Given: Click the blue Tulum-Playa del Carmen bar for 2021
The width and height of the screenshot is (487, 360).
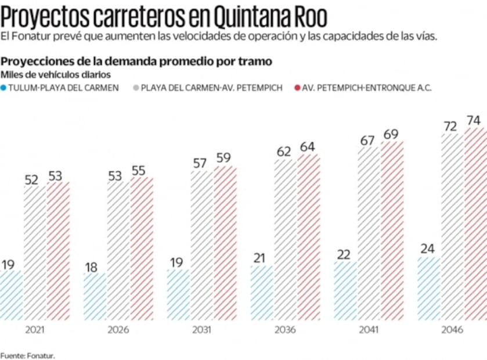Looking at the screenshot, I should [x=11, y=295].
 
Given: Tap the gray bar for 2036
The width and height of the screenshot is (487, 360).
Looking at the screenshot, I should [x=285, y=239].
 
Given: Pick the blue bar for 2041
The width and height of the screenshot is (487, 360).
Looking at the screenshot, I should [x=345, y=290].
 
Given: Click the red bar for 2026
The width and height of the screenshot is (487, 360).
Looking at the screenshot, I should [x=142, y=249].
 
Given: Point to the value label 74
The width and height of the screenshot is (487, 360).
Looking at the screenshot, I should [x=474, y=121].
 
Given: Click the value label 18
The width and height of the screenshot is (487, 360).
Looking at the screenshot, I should [x=92, y=267].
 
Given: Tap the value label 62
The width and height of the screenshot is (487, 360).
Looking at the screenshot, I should [x=284, y=152].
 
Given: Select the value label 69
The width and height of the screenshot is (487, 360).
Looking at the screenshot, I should [x=391, y=135].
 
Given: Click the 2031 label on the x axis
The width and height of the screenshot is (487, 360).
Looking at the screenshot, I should [x=201, y=329].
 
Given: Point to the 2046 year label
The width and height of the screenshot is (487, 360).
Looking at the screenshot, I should [x=452, y=329].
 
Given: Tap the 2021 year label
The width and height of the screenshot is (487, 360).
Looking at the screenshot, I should [x=35, y=329].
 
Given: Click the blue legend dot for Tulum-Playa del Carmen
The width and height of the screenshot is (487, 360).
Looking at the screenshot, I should [x=4, y=88].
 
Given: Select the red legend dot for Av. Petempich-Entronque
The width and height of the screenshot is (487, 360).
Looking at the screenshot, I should [x=297, y=88].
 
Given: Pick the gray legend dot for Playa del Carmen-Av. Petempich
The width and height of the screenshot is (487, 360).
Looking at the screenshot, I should [x=136, y=88].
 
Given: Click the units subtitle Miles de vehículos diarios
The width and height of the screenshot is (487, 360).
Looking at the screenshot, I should [x=56, y=74].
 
